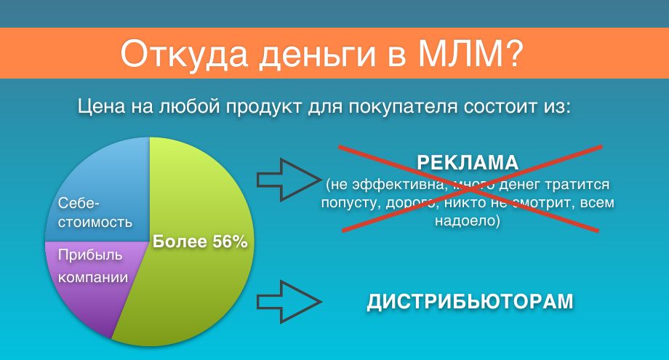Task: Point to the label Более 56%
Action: (200, 241)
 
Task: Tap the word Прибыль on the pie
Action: (90, 255)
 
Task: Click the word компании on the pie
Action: (93, 278)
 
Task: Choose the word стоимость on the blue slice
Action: (95, 223)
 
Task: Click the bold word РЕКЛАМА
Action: (468, 162)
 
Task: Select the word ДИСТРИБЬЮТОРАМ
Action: (470, 302)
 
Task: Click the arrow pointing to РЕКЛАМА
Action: (288, 180)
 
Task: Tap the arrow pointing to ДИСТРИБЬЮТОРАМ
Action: (289, 302)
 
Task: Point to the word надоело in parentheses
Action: (467, 221)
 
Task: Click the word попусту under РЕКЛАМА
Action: (350, 203)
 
